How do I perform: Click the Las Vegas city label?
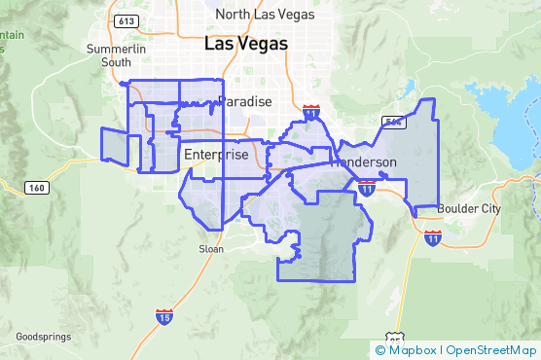[246, 44]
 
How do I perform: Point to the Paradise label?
[244, 101]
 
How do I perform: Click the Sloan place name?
[210, 249]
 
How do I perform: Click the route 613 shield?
[125, 20]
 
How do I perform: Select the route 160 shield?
[36, 187]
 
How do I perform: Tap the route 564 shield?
[393, 122]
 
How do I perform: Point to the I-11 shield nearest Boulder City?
[432, 236]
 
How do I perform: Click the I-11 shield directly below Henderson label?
[367, 187]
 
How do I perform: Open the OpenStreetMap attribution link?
[491, 349]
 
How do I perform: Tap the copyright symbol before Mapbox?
[380, 349]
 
